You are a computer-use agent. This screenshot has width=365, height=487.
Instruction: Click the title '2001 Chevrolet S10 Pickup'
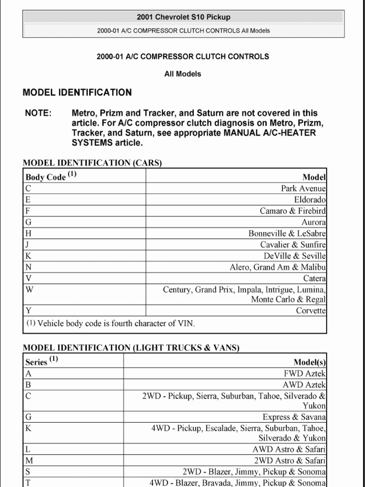(x=183, y=17)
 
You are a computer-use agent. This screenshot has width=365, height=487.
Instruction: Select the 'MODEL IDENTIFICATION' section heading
(x=77, y=92)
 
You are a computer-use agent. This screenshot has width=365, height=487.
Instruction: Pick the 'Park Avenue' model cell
(x=303, y=188)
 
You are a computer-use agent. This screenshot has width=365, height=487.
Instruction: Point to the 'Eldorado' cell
(x=310, y=200)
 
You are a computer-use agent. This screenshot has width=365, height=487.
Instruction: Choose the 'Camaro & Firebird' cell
(x=293, y=211)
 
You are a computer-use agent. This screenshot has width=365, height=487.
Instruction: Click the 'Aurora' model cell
(x=314, y=222)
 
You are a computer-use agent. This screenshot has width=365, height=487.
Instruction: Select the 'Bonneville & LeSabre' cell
(x=287, y=234)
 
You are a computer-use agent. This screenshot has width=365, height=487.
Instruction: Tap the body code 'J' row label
(x=28, y=244)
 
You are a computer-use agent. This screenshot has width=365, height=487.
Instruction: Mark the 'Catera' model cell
(x=315, y=278)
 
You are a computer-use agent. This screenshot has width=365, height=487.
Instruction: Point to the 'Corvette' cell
(x=311, y=311)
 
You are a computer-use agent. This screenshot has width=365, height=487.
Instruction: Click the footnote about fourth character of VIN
(x=110, y=323)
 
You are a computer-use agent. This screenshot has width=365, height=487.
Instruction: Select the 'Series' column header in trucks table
(x=37, y=361)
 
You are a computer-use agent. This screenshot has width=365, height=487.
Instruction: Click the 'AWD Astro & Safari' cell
(x=289, y=449)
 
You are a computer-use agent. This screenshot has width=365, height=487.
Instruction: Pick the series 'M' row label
(x=29, y=460)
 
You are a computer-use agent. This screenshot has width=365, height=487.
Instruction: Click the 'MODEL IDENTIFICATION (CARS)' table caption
(x=92, y=163)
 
